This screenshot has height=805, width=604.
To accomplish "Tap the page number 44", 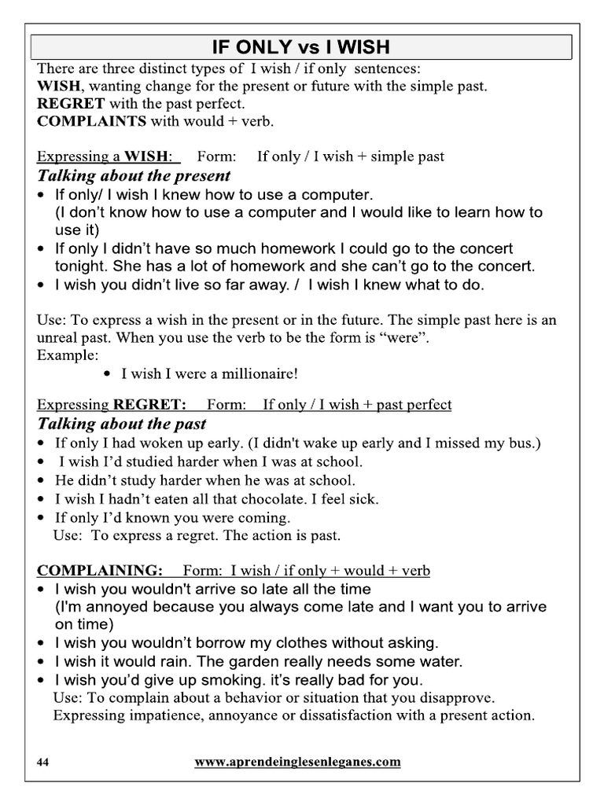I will coord(43,762).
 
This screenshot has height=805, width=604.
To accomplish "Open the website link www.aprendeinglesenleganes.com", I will coord(297,762).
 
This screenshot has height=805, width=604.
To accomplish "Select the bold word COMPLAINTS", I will coord(91,121).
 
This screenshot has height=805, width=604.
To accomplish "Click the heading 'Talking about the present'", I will coord(134,175).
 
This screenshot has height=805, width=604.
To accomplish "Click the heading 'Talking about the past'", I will coord(122,424).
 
